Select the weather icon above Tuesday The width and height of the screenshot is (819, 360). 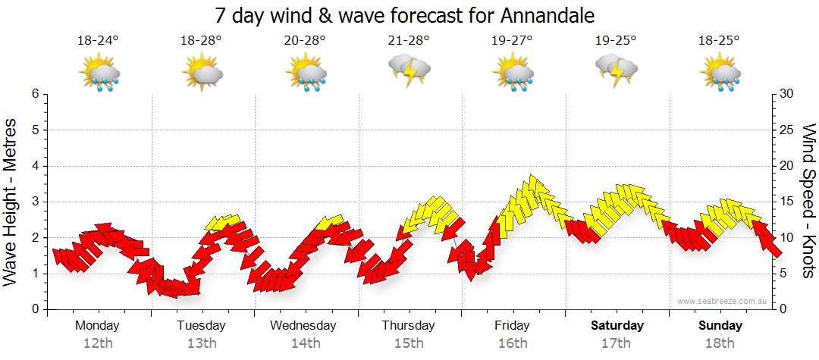tap(202, 74)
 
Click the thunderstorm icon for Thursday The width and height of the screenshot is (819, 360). tap(409, 70)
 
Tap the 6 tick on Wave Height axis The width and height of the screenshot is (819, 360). tap(34, 94)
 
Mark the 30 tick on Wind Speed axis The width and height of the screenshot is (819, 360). tap(787, 94)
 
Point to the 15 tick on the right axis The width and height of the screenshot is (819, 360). tap(787, 202)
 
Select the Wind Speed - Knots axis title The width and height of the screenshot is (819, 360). tap(808, 201)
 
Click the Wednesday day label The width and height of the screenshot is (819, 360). tap(303, 326)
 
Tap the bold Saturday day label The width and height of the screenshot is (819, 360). tap(617, 326)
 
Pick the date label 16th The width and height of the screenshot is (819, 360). tap(513, 343)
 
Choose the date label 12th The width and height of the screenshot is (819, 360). tap(98, 343)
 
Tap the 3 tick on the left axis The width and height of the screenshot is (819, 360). tap(34, 202)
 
